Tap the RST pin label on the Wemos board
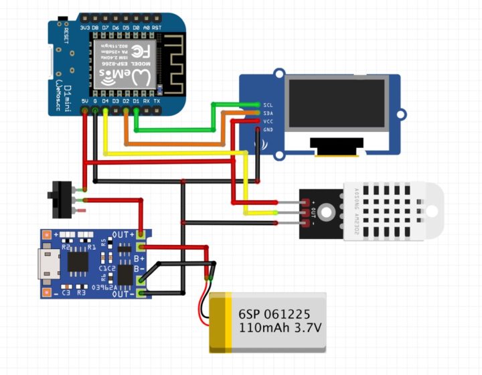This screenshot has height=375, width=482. pyautogui.click(x=156, y=27)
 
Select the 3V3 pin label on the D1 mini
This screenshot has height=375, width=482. pyautogui.click(x=84, y=27)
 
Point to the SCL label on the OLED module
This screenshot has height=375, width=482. pyautogui.click(x=268, y=105)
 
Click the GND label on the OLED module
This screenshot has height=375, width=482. pyautogui.click(x=268, y=129)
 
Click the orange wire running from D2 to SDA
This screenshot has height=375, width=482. pyautogui.click(x=174, y=143)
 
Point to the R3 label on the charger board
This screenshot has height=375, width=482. pyautogui.click(x=81, y=293)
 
